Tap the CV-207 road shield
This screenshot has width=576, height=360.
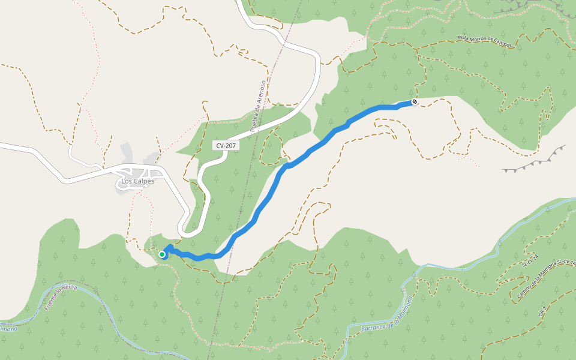point(226,146)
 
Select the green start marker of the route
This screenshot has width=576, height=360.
point(162,254)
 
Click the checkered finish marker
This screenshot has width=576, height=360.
point(414,103)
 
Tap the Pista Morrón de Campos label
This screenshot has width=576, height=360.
point(485,41)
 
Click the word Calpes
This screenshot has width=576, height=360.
point(143,181)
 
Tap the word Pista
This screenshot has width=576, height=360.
point(463,37)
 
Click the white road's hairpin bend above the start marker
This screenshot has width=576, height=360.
point(182,231)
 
